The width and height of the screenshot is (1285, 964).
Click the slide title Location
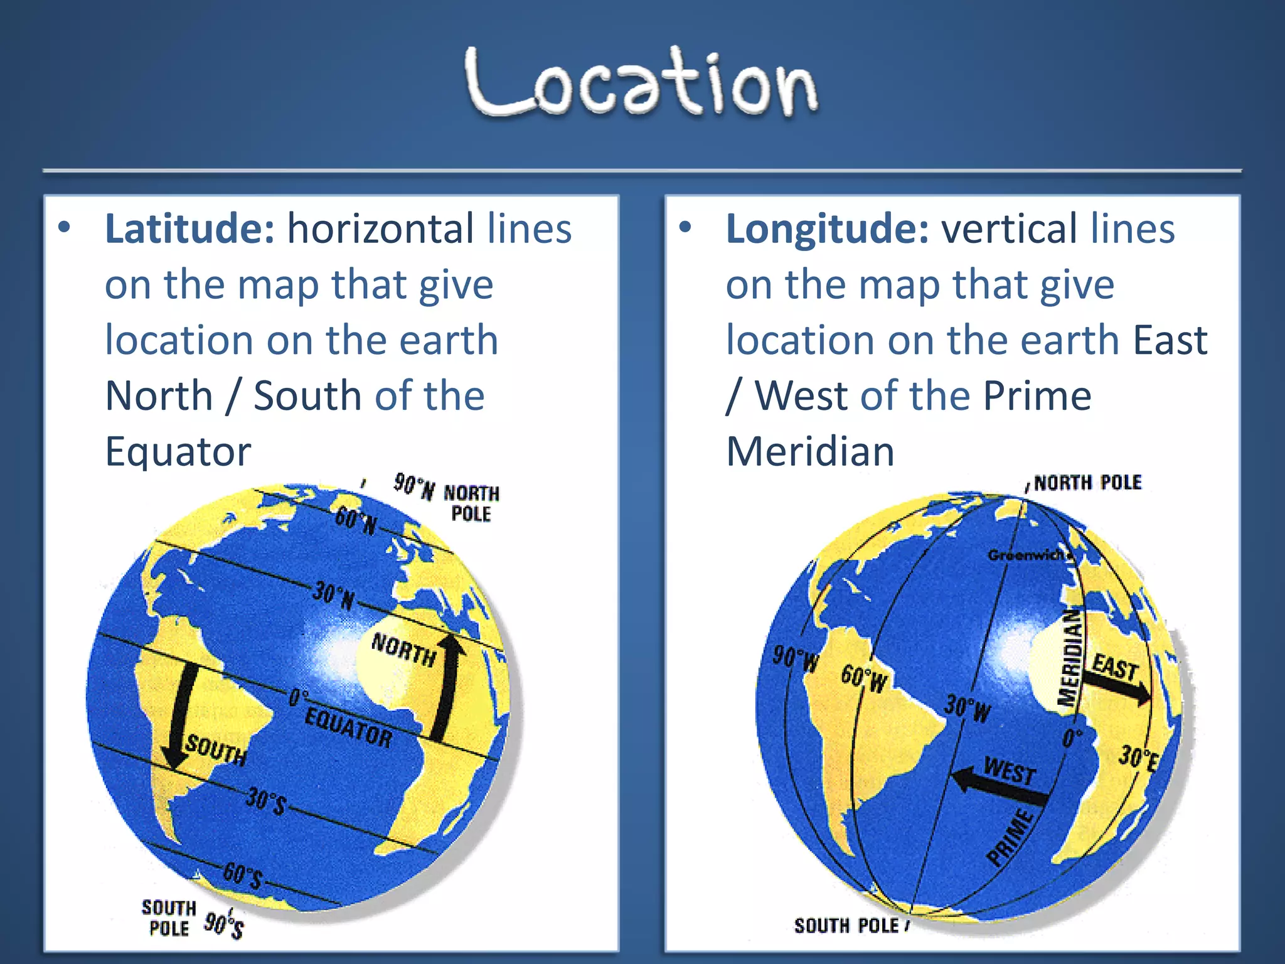coord(641,83)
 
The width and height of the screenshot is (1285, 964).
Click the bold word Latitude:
coord(189,228)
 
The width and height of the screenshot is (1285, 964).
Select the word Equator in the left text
coord(178,451)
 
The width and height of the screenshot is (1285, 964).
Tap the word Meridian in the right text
coord(810,451)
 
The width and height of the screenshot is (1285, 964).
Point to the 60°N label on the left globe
coord(356,520)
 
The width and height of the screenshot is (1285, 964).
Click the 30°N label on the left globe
coord(334,596)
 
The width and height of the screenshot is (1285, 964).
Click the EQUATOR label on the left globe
coord(348,728)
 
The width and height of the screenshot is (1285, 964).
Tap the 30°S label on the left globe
coord(266,801)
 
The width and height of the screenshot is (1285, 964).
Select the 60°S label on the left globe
coord(243,875)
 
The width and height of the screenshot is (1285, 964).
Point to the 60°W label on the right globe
coord(865,678)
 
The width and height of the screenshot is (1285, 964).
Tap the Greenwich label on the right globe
coord(1026,555)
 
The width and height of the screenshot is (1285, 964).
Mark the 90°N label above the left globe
coord(414,486)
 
